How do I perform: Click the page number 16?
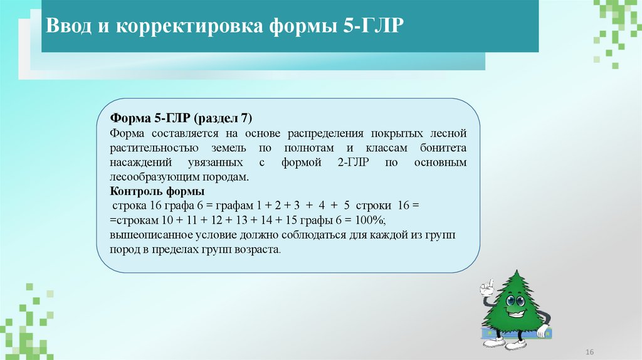[x=589, y=349]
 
